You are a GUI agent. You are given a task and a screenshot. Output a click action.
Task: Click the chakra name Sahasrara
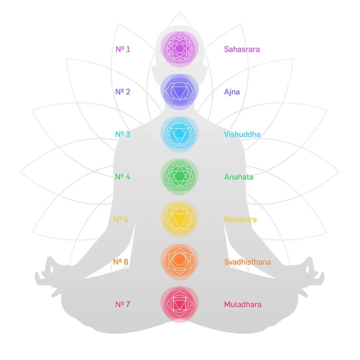coord(242,49)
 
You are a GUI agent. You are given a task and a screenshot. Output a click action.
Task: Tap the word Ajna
coord(232,92)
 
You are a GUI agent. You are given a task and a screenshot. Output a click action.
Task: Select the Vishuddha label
coord(242,134)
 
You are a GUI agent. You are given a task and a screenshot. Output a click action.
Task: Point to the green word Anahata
coord(238,177)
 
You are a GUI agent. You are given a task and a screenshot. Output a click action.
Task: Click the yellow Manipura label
coord(240,220)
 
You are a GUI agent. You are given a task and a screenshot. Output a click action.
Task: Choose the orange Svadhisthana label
coord(247,262)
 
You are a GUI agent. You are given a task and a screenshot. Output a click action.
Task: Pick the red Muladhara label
coord(243,305)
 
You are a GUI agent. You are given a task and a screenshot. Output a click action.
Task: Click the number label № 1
coord(123,49)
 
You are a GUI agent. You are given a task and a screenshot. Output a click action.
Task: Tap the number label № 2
coord(123,92)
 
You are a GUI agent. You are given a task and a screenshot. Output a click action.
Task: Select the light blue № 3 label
coord(123,134)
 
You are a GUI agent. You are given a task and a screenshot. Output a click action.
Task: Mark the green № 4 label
coord(123,177)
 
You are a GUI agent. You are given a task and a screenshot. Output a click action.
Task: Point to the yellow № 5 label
coord(121,220)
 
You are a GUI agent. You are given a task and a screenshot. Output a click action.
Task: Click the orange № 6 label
coord(121,262)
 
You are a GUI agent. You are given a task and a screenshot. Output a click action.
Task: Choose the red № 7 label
coord(123,305)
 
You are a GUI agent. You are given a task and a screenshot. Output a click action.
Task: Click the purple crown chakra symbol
coord(180,49)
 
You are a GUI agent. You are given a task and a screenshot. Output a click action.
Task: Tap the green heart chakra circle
coord(180,177)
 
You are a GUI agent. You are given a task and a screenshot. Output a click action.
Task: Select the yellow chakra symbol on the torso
coord(180,219)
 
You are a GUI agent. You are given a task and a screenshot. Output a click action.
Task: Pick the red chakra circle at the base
coord(180,304)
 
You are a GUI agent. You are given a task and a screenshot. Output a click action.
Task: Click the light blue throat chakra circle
coord(180,134)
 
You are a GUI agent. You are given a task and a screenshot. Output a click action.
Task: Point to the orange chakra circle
coord(180,262)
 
